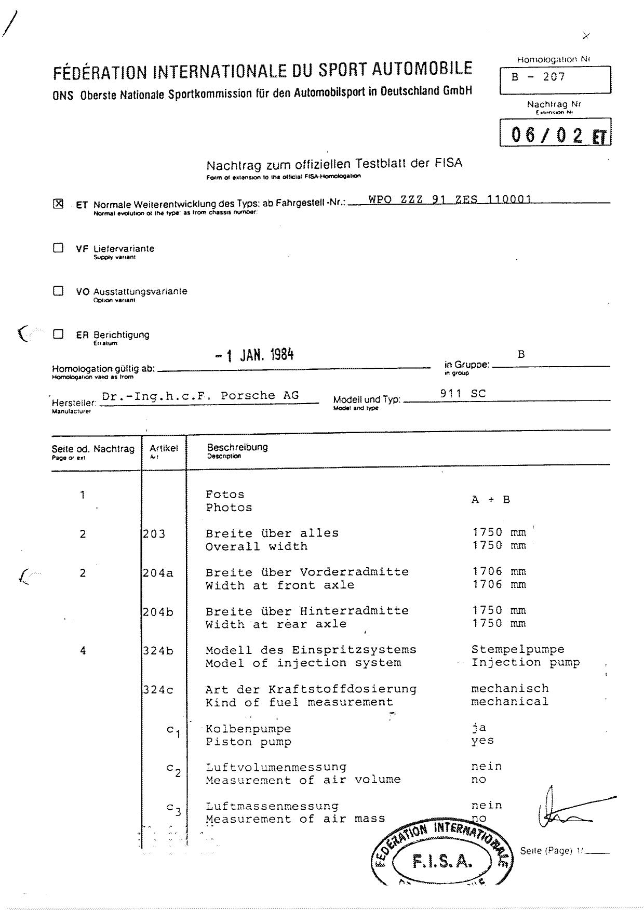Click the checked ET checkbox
click(58, 204)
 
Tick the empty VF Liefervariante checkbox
click(58, 248)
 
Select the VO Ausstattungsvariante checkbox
click(58, 291)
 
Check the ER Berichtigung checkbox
click(58, 334)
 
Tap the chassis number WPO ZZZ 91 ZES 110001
click(450, 199)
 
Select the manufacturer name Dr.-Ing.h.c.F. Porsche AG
click(200, 396)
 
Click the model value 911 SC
click(463, 394)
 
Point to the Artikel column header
click(164, 448)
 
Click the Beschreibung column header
click(237, 447)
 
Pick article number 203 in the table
click(154, 534)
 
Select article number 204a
click(158, 573)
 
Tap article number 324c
click(158, 690)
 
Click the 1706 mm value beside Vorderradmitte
click(499, 572)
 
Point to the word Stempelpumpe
click(517, 649)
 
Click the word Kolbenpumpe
click(248, 729)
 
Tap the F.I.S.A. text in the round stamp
click(442, 862)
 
